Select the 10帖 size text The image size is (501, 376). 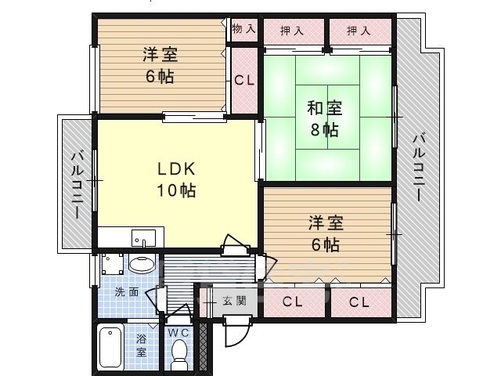(x=175, y=190)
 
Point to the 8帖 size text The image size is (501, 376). (x=324, y=130)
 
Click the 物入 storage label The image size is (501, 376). (x=243, y=29)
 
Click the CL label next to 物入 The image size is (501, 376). (x=243, y=80)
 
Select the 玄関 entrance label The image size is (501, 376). (x=234, y=301)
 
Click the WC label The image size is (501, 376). (x=180, y=331)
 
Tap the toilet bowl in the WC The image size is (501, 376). (x=180, y=351)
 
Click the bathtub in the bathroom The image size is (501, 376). (x=110, y=348)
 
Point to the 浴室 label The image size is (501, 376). (x=142, y=346)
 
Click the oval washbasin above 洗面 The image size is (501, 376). (x=142, y=265)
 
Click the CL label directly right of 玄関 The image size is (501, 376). (x=293, y=302)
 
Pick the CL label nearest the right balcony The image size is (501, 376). (x=359, y=302)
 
